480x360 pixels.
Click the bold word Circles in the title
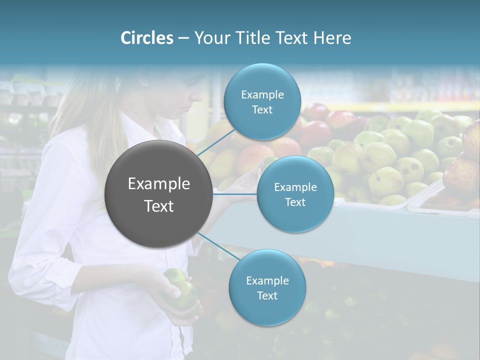pos(146,38)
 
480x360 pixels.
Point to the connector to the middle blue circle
pos(235,193)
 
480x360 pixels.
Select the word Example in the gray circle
pos(159,184)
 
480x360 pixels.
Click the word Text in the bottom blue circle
pos(267,295)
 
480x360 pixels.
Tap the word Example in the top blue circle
pos(262,94)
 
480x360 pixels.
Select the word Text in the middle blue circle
pos(295,202)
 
